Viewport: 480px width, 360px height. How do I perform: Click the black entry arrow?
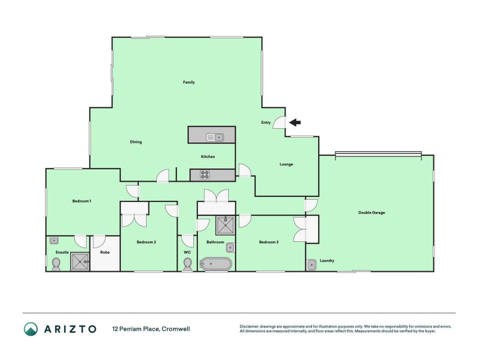pyautogui.click(x=295, y=122)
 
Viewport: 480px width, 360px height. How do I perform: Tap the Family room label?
pyautogui.click(x=189, y=82)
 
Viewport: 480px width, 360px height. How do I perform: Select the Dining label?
pyautogui.click(x=136, y=142)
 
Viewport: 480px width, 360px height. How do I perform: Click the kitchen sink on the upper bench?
pyautogui.click(x=215, y=137)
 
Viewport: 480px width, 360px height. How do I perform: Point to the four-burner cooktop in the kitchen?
pyautogui.click(x=204, y=175)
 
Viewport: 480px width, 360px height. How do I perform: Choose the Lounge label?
pyautogui.click(x=286, y=164)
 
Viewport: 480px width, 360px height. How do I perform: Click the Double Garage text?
pyautogui.click(x=371, y=212)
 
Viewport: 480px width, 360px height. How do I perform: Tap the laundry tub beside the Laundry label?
pyautogui.click(x=311, y=265)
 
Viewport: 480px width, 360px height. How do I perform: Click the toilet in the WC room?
pyautogui.click(x=187, y=265)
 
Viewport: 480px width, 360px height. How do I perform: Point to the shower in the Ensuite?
pyautogui.click(x=80, y=262)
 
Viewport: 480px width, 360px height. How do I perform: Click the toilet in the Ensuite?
pyautogui.click(x=56, y=264)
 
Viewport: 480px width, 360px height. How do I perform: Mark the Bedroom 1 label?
pyautogui.click(x=82, y=201)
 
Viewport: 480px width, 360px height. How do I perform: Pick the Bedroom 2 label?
pyautogui.click(x=146, y=242)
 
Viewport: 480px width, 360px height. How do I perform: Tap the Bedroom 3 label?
pyautogui.click(x=269, y=242)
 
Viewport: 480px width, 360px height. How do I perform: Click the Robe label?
pyautogui.click(x=104, y=253)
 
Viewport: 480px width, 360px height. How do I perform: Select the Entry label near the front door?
pyautogui.click(x=266, y=122)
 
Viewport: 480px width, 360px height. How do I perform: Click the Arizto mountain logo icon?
pyautogui.click(x=31, y=329)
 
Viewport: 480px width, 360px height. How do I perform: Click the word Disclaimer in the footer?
pyautogui.click(x=250, y=326)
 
